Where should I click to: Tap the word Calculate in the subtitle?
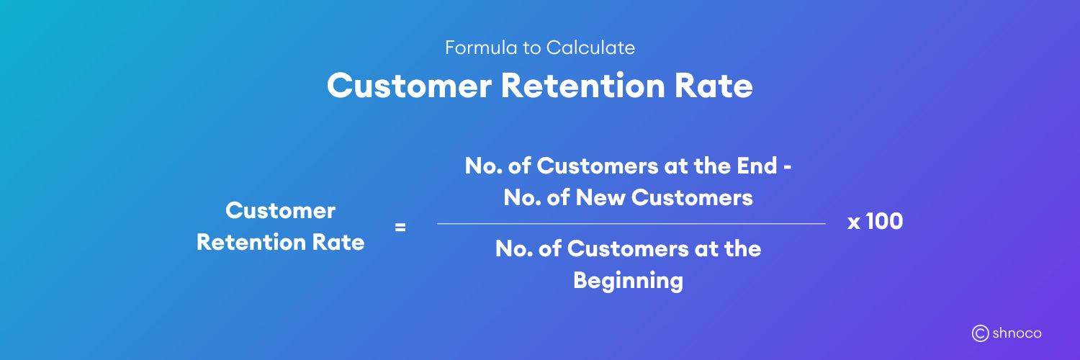click(x=590, y=48)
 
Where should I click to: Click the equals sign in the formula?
click(x=400, y=228)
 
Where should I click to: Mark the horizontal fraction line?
click(x=631, y=224)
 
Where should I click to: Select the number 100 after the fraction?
click(x=884, y=222)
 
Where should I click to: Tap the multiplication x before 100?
click(x=854, y=223)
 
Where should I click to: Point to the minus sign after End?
click(x=789, y=167)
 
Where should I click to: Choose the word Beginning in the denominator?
click(x=628, y=280)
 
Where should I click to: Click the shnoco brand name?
click(x=1017, y=333)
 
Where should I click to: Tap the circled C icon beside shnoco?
click(x=980, y=333)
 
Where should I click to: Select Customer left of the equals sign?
click(x=280, y=210)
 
